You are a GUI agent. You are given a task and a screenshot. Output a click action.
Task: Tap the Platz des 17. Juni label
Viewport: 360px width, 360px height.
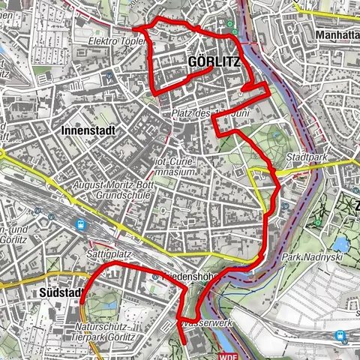point(204,113)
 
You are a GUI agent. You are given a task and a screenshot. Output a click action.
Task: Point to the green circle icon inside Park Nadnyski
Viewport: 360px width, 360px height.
point(319,223)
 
